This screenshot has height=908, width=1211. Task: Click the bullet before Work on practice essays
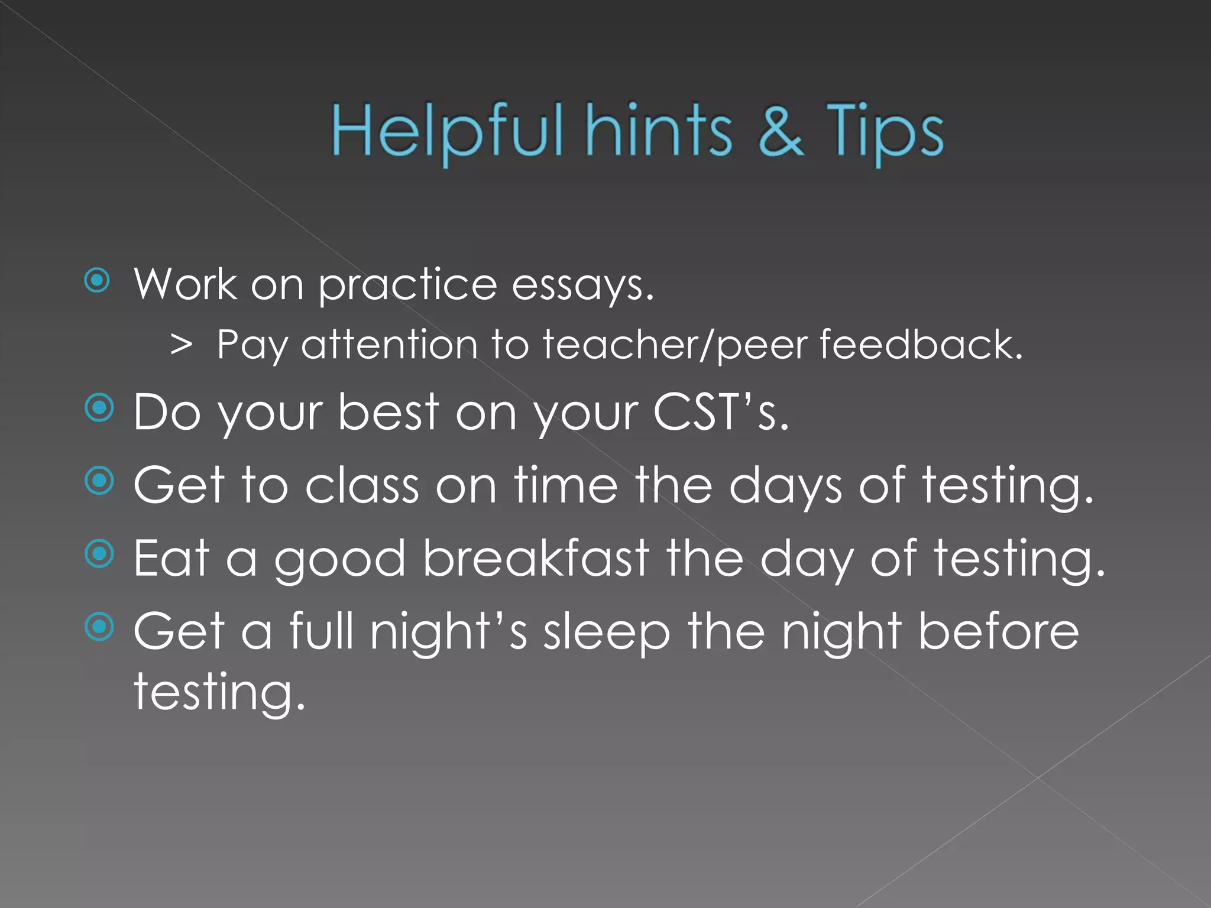[98, 281]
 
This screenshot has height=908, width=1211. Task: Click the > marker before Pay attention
[181, 345]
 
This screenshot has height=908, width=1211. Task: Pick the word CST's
[721, 412]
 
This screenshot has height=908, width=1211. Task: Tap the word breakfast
[536, 558]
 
